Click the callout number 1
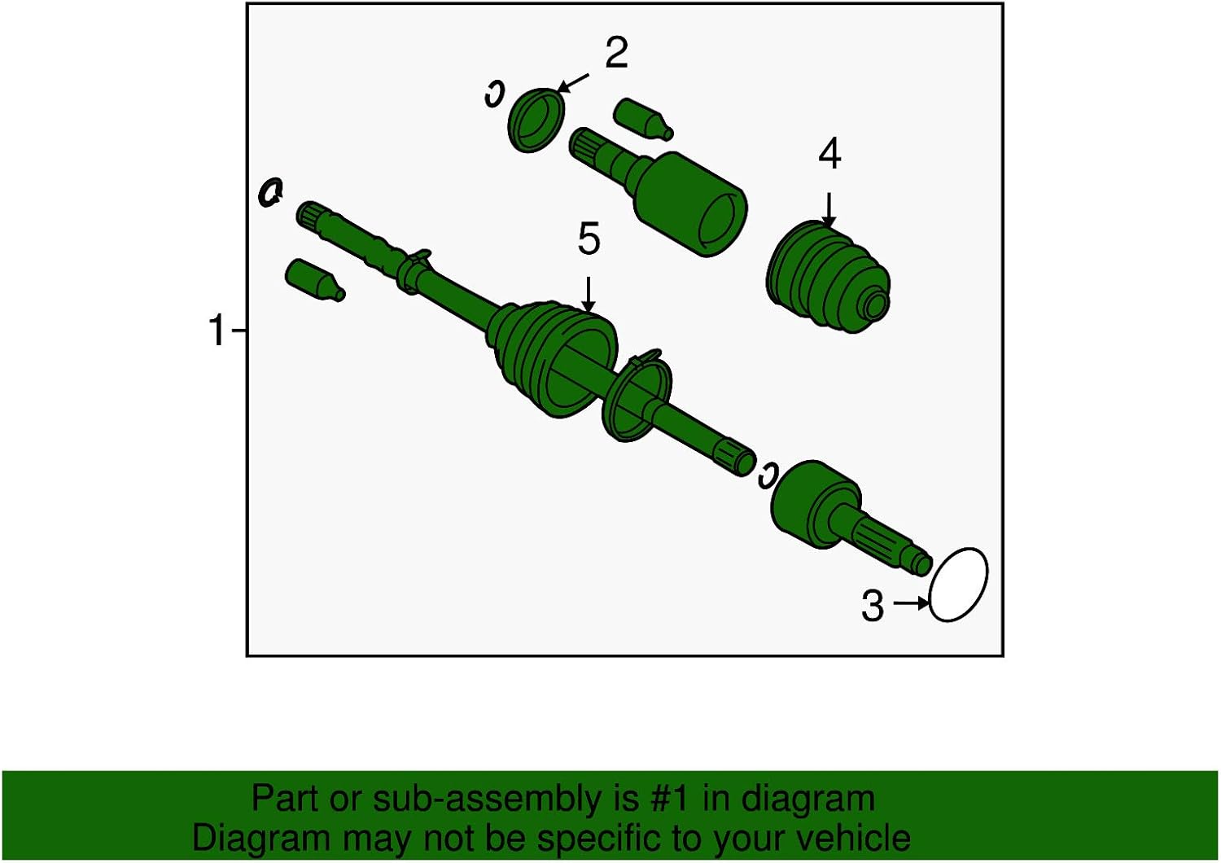pyautogui.click(x=217, y=331)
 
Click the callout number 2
pyautogui.click(x=616, y=54)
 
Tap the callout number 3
pyautogui.click(x=872, y=606)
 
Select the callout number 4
pyautogui.click(x=829, y=155)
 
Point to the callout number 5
pyautogui.click(x=589, y=240)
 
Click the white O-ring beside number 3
pyautogui.click(x=958, y=585)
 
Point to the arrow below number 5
pyautogui.click(x=589, y=294)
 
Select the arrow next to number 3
pyautogui.click(x=911, y=603)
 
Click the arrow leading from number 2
pyautogui.click(x=573, y=83)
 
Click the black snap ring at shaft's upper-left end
pyautogui.click(x=270, y=192)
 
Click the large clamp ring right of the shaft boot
pyautogui.click(x=637, y=394)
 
